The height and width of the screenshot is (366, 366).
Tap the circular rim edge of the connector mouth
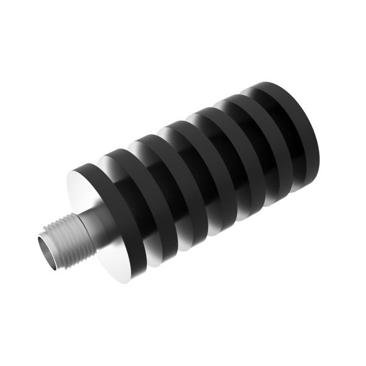point(40,241)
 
